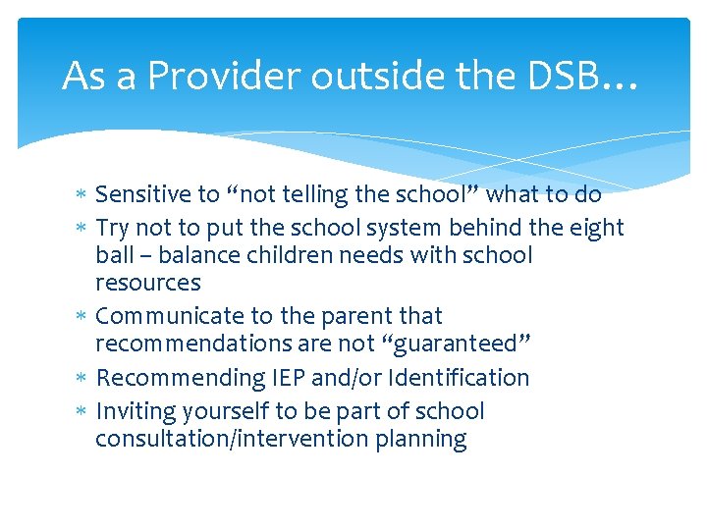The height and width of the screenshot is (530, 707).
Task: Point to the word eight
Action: point(594,228)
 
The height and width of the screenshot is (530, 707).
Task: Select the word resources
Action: point(147,284)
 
